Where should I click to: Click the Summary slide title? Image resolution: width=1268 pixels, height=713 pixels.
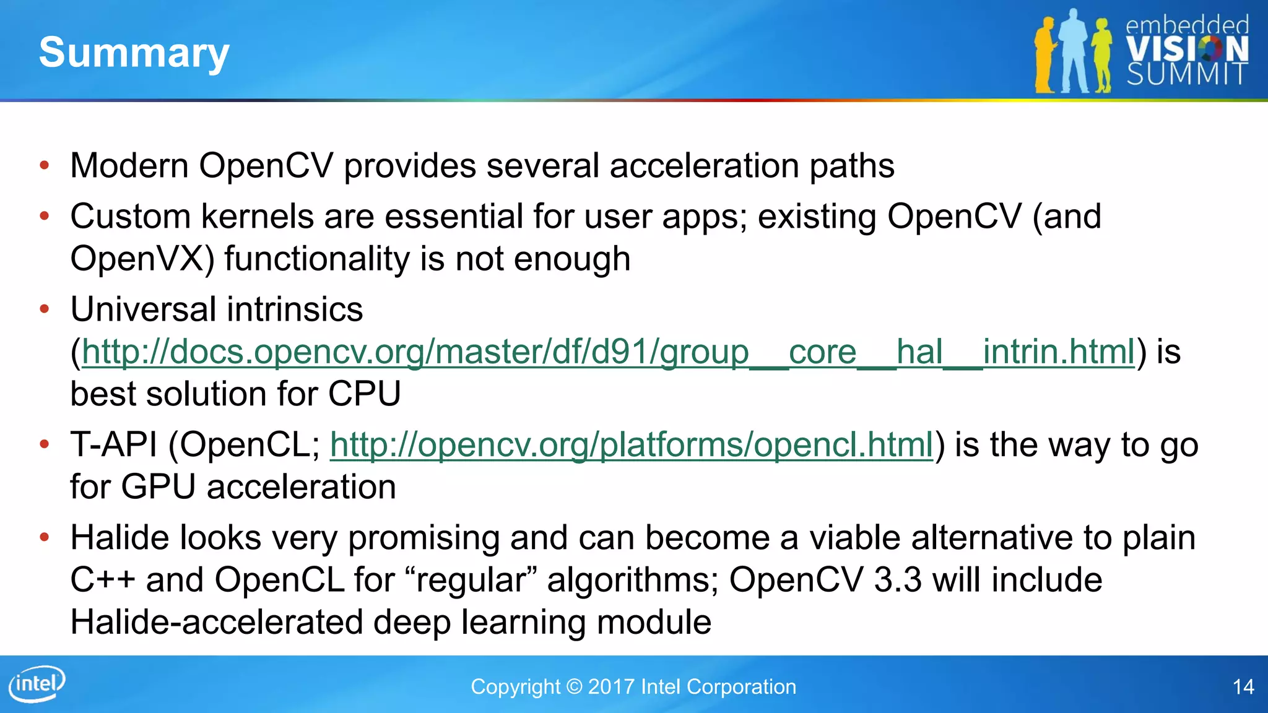pyautogui.click(x=134, y=53)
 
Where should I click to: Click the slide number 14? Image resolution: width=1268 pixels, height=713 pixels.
pyautogui.click(x=1243, y=687)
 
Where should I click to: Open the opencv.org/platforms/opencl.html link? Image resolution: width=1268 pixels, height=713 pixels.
pyautogui.click(x=631, y=445)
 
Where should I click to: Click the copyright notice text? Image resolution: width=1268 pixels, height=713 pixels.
pyautogui.click(x=633, y=687)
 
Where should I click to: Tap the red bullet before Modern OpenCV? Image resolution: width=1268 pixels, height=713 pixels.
pyautogui.click(x=44, y=165)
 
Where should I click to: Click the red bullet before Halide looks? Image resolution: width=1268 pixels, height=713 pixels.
pyautogui.click(x=44, y=537)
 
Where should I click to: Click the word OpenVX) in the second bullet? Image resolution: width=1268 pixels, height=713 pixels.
pyautogui.click(x=142, y=259)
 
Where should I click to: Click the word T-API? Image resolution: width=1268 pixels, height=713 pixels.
pyautogui.click(x=114, y=445)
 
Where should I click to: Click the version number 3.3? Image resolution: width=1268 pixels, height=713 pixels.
pyautogui.click(x=898, y=581)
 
